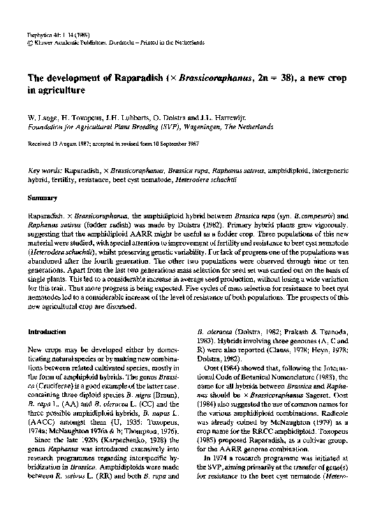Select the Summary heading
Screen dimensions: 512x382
click(x=41, y=199)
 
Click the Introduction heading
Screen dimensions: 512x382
click(x=48, y=331)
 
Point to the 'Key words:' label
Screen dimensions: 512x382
click(x=44, y=170)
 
